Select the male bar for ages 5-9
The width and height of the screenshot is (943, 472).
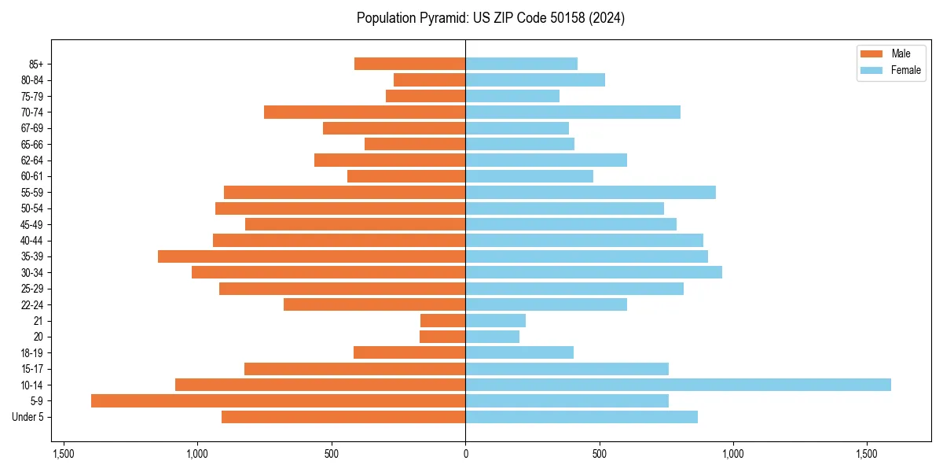[x=278, y=400]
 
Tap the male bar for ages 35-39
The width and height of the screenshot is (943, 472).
[x=311, y=256]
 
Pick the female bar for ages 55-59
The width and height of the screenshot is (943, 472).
[x=590, y=193]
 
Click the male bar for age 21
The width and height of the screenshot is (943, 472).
[x=442, y=321]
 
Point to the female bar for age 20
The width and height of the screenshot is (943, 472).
[x=492, y=337]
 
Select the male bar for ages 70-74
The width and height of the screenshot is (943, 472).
[x=365, y=112]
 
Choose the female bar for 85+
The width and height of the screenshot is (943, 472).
[x=521, y=64]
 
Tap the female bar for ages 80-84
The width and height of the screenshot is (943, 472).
[x=534, y=80]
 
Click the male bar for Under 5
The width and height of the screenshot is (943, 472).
[x=343, y=417]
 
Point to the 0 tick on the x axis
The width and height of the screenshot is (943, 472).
[x=465, y=454]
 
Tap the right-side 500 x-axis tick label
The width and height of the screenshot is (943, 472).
[x=599, y=454]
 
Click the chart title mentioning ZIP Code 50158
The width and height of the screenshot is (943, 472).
[x=490, y=18]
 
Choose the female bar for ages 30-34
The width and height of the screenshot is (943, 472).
[x=593, y=272]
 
